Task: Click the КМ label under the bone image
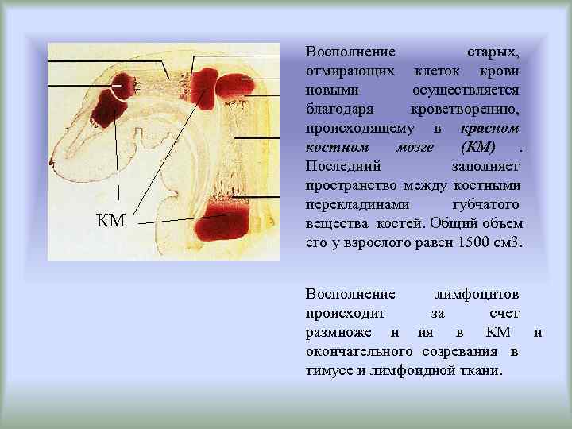pyautogui.click(x=110, y=220)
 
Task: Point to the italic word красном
pyautogui.click(x=489, y=128)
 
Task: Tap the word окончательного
pyautogui.click(x=358, y=351)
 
